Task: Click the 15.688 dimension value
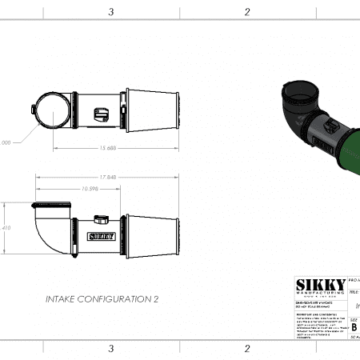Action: [106, 148]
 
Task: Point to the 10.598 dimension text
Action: [90, 188]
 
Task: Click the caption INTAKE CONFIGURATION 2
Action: [102, 298]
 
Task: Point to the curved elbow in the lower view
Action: [48, 232]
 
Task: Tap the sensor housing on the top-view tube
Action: [102, 114]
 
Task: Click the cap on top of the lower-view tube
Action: [101, 218]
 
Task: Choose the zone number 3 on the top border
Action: [110, 11]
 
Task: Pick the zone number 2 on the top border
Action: [247, 11]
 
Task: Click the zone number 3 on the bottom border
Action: [110, 349]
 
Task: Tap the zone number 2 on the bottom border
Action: [247, 349]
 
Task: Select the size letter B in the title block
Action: [354, 326]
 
